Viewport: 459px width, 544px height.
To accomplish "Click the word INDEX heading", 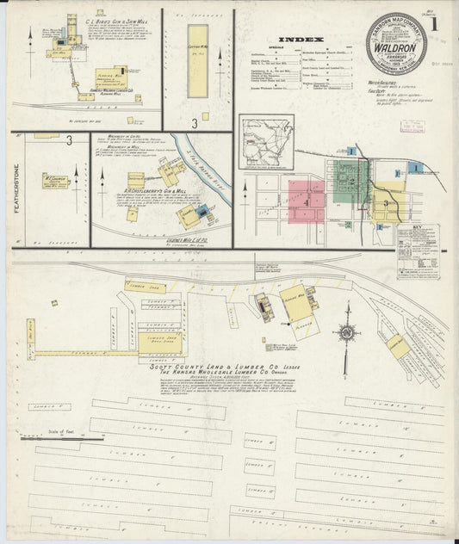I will pyautogui.click(x=301, y=40).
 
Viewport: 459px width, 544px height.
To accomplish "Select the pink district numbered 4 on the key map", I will pyautogui.click(x=307, y=197).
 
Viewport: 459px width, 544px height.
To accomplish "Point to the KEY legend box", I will pyautogui.click(x=418, y=250).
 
